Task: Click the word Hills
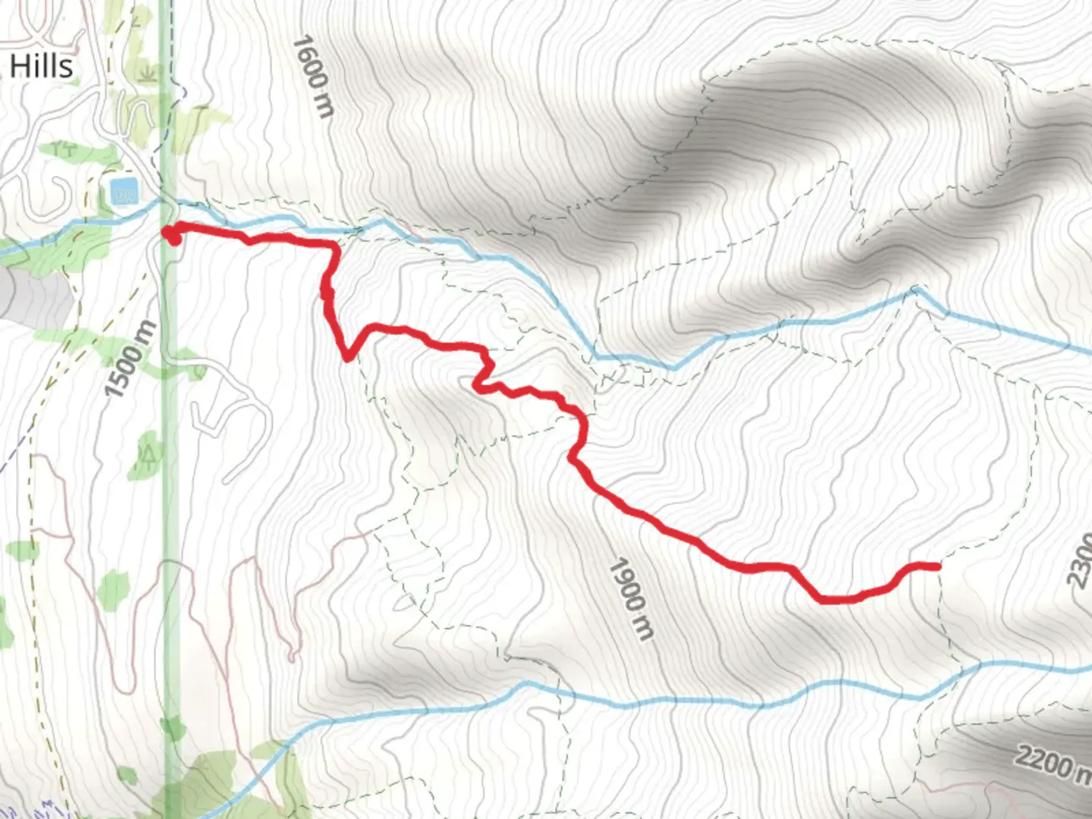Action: [42, 66]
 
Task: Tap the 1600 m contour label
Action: [312, 76]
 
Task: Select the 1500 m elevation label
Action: [130, 359]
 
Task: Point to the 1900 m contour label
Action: [631, 598]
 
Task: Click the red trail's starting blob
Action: [172, 234]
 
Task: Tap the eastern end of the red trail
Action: [937, 566]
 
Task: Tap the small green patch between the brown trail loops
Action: [113, 588]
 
